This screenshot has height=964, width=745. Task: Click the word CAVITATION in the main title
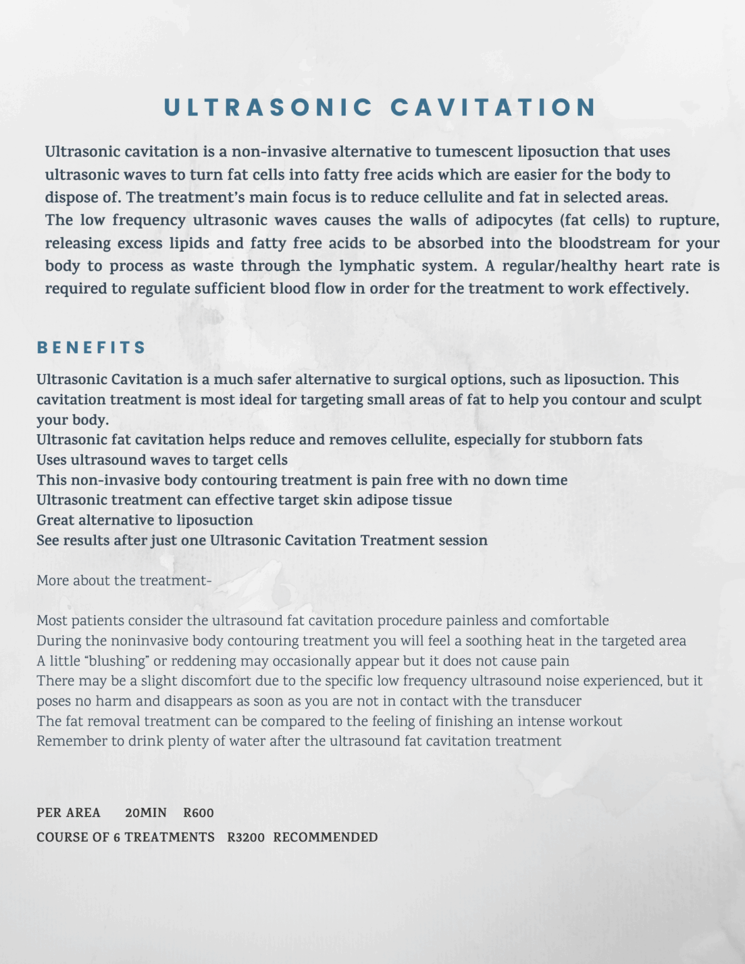(x=493, y=107)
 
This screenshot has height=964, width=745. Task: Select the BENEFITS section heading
(x=92, y=348)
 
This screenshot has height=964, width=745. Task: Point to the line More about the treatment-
(x=124, y=581)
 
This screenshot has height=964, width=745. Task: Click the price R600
(x=198, y=813)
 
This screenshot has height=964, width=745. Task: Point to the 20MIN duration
(x=146, y=813)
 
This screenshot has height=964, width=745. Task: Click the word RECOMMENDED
(x=325, y=837)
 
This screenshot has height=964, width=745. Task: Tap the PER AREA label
(x=68, y=813)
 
